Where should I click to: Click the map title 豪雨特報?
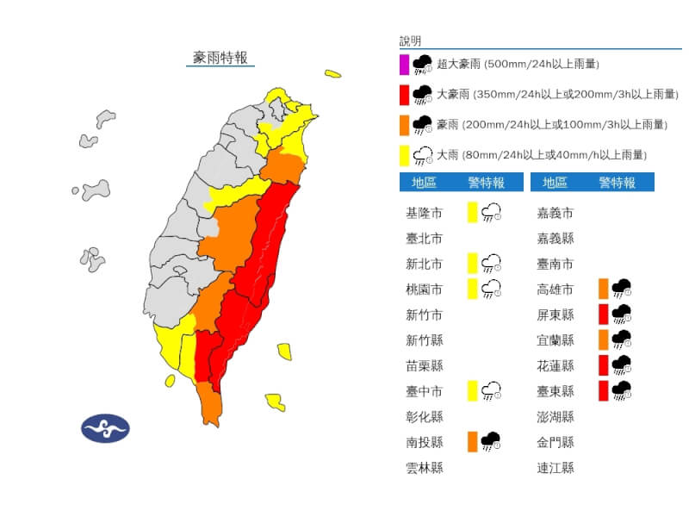click(x=220, y=58)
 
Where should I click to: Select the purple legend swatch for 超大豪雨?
click(x=404, y=64)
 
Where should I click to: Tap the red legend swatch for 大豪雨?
click(x=404, y=94)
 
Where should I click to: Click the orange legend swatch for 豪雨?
click(x=404, y=124)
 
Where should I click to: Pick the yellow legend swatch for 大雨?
click(x=404, y=155)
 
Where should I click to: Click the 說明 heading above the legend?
click(x=411, y=41)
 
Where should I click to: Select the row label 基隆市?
click(x=424, y=213)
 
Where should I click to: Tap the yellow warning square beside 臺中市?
click(x=472, y=391)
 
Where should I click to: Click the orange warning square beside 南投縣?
click(x=472, y=442)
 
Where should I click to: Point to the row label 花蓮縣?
click(x=556, y=365)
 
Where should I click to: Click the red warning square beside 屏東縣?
click(x=603, y=315)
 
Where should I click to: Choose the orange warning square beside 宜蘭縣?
click(x=603, y=339)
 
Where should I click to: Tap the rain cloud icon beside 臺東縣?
click(x=621, y=391)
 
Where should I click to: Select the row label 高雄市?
click(x=556, y=290)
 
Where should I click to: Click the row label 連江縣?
click(x=556, y=468)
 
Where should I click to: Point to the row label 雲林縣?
click(x=424, y=468)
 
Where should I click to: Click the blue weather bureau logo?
click(x=105, y=428)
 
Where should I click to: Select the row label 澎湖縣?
click(x=556, y=417)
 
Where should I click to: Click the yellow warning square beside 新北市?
click(x=472, y=264)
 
